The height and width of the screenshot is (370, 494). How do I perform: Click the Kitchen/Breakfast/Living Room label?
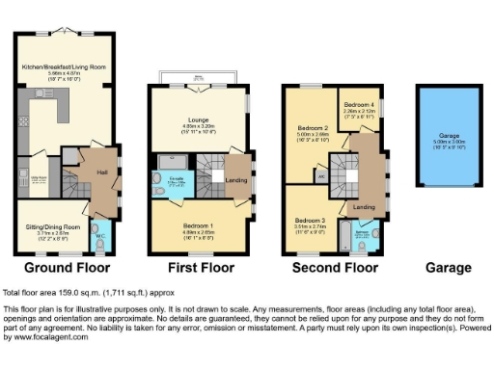(x=67, y=66)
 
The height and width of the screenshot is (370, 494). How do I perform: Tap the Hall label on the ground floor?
(x=101, y=172)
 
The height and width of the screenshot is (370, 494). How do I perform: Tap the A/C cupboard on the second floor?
(x=319, y=175)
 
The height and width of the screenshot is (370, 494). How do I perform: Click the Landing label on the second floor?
(x=364, y=206)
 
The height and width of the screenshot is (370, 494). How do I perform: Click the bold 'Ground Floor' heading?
(x=67, y=267)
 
